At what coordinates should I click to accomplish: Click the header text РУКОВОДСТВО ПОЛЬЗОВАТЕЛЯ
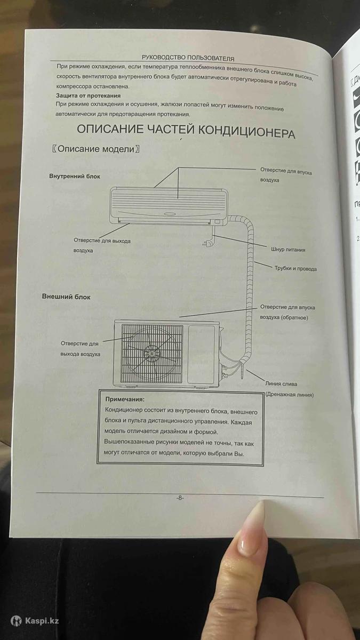point(188,58)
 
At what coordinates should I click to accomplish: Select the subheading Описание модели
point(96,150)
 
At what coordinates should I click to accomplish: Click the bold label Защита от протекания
point(88,95)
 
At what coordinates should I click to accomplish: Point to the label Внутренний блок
point(75,176)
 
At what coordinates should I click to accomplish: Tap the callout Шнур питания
point(288,250)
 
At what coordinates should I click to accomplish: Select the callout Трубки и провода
point(295,269)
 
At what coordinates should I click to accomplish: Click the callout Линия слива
point(281,384)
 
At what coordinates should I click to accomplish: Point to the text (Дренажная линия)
point(289,395)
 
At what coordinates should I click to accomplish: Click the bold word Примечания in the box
point(125,399)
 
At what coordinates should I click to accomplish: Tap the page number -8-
point(180,498)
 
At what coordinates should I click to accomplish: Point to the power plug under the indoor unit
point(207,243)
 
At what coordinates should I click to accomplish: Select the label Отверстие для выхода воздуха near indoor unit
point(102,245)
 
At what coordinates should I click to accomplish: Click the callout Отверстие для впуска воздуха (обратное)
point(287,312)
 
